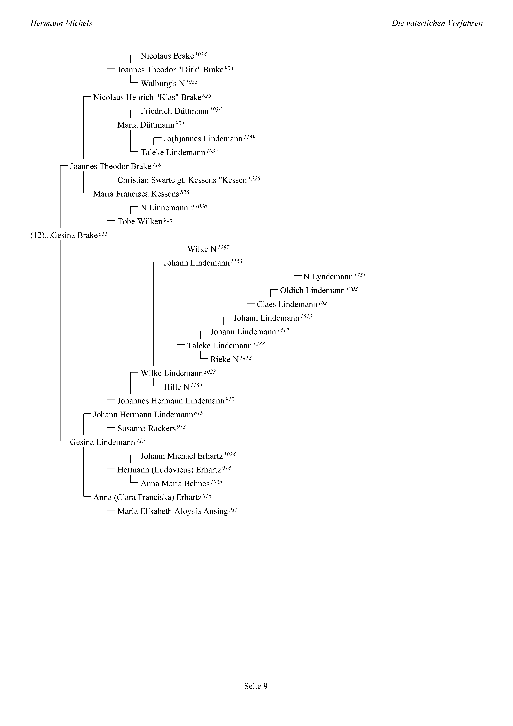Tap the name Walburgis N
pyautogui.click(x=163, y=84)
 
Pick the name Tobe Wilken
pyautogui.click(x=140, y=222)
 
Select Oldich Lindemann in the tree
pyautogui.click(x=312, y=291)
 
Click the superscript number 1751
pyautogui.click(x=360, y=275)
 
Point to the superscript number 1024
pyautogui.click(x=230, y=454)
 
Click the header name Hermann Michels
pyautogui.click(x=61, y=23)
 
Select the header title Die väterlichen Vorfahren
pyautogui.click(x=437, y=23)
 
